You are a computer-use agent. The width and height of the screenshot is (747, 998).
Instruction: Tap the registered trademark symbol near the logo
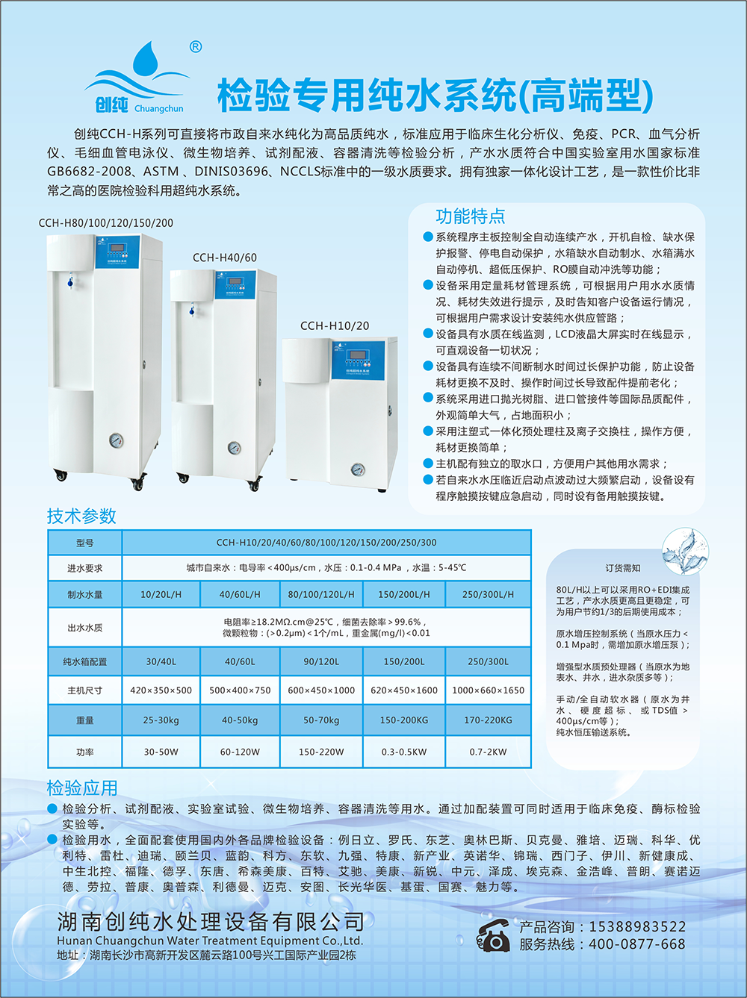(x=196, y=46)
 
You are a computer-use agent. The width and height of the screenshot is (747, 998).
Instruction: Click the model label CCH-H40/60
(x=225, y=258)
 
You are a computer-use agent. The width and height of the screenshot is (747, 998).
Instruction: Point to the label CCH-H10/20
(x=335, y=325)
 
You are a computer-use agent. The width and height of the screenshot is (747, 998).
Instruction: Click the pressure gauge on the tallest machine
(x=116, y=440)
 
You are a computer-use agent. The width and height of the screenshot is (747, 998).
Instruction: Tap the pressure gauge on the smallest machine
(x=358, y=470)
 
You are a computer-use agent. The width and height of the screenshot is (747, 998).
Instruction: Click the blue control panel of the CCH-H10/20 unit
(x=358, y=359)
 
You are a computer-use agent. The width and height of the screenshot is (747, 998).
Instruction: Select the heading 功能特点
(x=471, y=216)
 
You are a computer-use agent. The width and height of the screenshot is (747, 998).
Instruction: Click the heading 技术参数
(x=81, y=516)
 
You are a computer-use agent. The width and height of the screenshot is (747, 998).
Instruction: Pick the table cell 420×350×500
(x=161, y=690)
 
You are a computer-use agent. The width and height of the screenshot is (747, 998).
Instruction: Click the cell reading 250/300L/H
(x=488, y=594)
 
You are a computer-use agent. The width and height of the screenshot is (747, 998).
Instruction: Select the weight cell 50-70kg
(x=321, y=720)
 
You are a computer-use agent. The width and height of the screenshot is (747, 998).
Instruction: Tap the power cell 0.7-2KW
(x=488, y=752)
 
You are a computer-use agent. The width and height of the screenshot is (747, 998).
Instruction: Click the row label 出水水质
(x=85, y=628)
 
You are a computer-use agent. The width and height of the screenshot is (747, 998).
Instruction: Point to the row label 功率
(x=85, y=752)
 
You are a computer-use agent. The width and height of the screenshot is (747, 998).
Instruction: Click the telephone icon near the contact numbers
(x=493, y=935)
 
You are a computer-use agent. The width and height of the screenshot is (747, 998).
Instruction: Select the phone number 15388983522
(x=637, y=926)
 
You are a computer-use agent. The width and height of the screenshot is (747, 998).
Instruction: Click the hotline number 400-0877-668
(x=637, y=945)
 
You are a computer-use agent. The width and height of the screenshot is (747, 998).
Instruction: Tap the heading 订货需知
(x=623, y=568)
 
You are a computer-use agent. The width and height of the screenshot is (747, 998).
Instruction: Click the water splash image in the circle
(x=685, y=551)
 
